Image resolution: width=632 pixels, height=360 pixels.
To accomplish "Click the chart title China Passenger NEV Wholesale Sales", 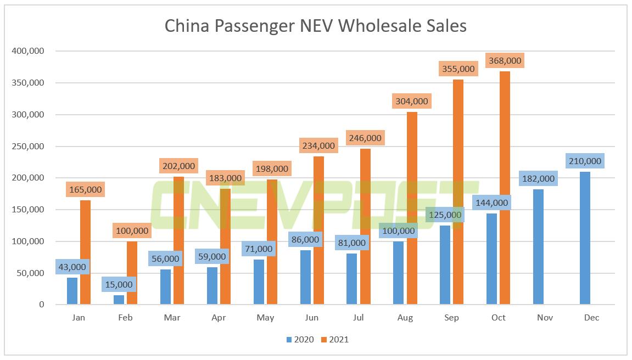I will tap(316, 26).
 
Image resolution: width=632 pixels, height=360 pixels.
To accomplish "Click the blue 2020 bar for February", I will tap(119, 300).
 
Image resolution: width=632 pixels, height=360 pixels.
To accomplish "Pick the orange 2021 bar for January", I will tap(85, 252).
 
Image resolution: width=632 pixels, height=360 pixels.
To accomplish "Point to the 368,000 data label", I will tap(505, 61).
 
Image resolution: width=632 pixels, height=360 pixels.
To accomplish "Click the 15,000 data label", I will tap(119, 285).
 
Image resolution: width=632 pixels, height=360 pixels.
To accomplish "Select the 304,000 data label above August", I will tap(411, 102).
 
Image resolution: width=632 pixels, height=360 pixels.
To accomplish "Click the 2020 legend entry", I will tap(300, 340).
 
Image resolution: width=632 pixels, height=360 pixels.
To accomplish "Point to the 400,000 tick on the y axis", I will tap(27, 51).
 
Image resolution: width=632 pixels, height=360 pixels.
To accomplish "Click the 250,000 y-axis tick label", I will tap(27, 146).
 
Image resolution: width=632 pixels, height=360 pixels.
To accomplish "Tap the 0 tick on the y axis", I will tap(41, 305).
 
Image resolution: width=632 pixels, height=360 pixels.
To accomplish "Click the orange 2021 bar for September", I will tap(458, 192).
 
